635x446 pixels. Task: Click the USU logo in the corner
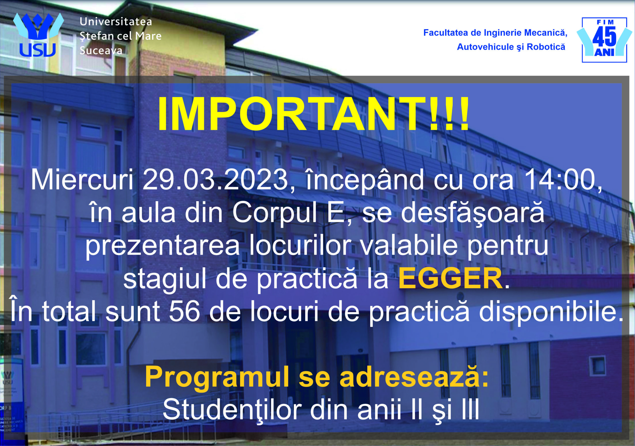[x=38, y=34]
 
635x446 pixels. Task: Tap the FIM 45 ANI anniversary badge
[x=604, y=40]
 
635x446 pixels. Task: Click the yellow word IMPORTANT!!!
[x=313, y=114]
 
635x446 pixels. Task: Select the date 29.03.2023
[x=215, y=180]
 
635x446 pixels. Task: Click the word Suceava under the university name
[x=101, y=51]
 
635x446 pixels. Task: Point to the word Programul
[x=217, y=377]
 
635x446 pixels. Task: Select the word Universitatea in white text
[x=116, y=22]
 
